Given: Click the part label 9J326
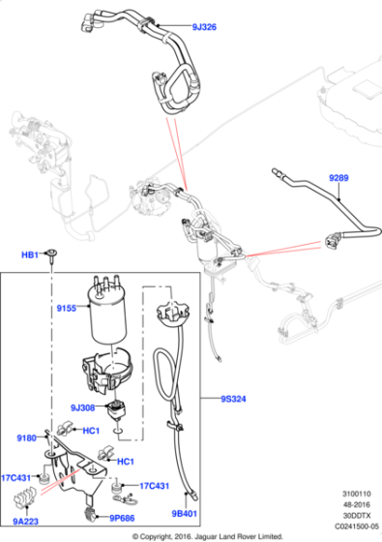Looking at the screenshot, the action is (x=204, y=27).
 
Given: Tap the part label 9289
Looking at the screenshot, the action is (x=338, y=178).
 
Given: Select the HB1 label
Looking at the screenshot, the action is (x=30, y=255).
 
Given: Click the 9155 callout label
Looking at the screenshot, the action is (x=67, y=308).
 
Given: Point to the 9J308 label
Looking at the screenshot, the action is (x=82, y=407).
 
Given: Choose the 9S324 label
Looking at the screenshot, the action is (x=233, y=399).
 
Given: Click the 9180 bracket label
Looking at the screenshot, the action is (x=27, y=437).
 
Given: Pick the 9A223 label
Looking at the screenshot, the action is (x=25, y=521).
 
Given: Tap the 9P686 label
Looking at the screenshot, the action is (x=122, y=518).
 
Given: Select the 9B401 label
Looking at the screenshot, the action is (x=184, y=514).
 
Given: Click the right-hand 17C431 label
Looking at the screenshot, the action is (x=154, y=486).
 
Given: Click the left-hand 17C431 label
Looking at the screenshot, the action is (x=15, y=478).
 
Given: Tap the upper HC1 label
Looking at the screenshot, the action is (x=91, y=431).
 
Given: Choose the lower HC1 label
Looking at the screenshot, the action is (x=126, y=462).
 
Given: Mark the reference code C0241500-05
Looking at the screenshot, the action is (x=357, y=527).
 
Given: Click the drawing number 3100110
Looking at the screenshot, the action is (x=357, y=494).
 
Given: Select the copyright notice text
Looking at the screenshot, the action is (x=208, y=537).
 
